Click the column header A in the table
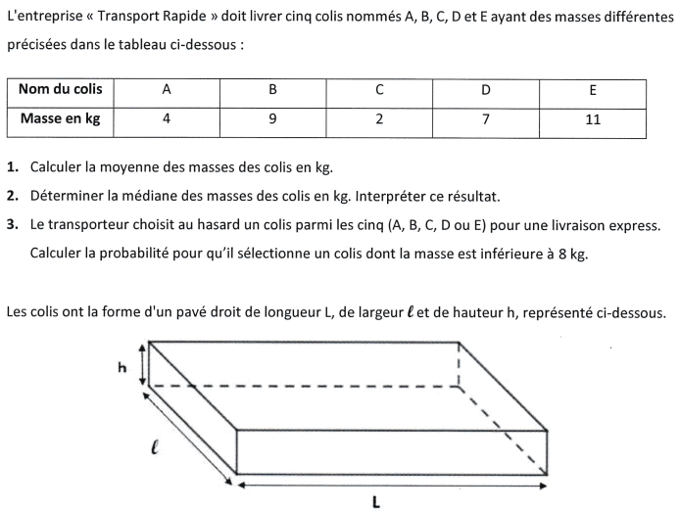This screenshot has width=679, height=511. (x=167, y=89)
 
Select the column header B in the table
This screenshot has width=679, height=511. (x=272, y=89)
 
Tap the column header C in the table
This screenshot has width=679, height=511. (x=379, y=89)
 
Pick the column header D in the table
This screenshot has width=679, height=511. (x=485, y=89)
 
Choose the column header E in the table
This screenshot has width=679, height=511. (x=593, y=89)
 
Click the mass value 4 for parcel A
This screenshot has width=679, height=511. (x=167, y=119)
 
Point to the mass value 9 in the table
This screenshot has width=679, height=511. (x=272, y=119)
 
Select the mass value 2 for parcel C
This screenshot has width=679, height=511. (x=379, y=119)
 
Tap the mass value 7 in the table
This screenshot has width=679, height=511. (x=485, y=119)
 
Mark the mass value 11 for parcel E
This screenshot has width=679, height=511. (x=593, y=119)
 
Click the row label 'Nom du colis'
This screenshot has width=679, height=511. (x=60, y=89)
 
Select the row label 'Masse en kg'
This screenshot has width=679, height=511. (x=60, y=119)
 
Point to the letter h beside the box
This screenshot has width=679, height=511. (x=122, y=367)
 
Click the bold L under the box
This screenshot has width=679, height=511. (x=376, y=500)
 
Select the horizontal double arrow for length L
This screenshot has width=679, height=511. (x=392, y=484)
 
